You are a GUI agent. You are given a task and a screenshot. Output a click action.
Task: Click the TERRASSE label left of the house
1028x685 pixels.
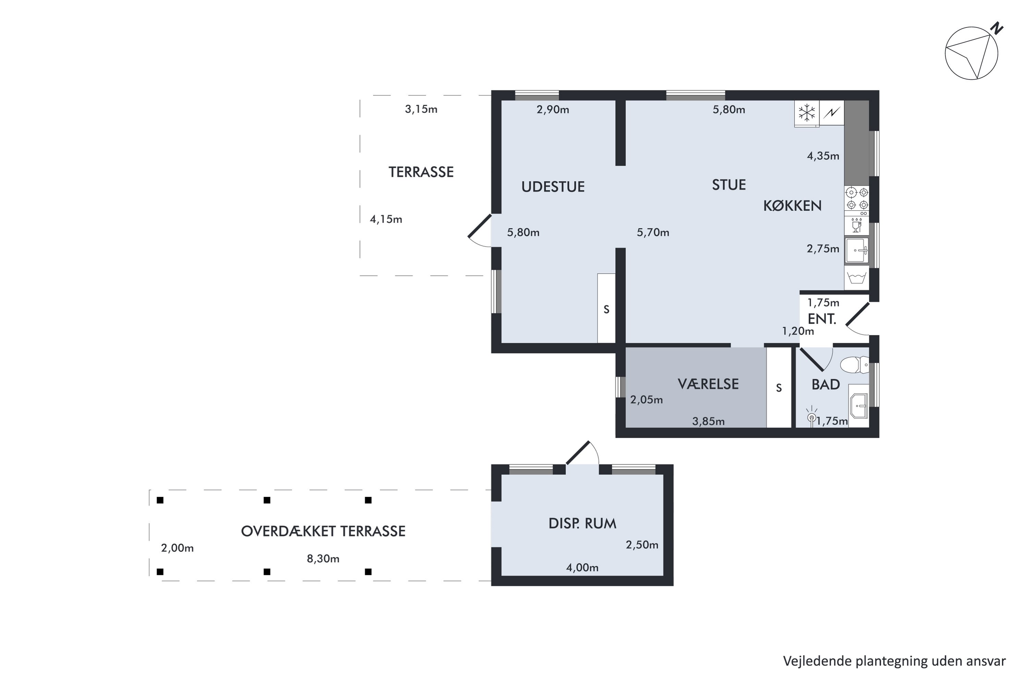pyautogui.click(x=421, y=172)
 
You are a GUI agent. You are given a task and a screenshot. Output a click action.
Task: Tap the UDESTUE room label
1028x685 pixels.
pyautogui.click(x=553, y=187)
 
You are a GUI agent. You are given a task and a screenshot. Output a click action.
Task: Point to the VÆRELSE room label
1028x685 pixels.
pyautogui.click(x=708, y=384)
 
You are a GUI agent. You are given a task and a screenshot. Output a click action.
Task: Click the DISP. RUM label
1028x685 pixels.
pyautogui.click(x=582, y=523)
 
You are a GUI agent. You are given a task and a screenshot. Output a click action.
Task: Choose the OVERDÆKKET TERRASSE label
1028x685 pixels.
pyautogui.click(x=323, y=531)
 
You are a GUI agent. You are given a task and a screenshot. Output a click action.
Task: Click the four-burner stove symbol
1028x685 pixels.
pyautogui.click(x=857, y=198)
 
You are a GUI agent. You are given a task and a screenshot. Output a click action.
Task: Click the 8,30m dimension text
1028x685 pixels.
pyautogui.click(x=323, y=559)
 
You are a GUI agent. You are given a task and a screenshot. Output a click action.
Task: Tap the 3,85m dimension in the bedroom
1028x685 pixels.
pyautogui.click(x=708, y=422)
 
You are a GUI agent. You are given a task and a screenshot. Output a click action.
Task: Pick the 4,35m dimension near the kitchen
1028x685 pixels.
pyautogui.click(x=823, y=156)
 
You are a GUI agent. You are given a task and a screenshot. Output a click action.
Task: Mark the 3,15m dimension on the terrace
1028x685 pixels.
pyautogui.click(x=421, y=109)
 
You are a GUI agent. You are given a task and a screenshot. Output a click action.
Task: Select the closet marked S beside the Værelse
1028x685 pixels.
pyautogui.click(x=779, y=387)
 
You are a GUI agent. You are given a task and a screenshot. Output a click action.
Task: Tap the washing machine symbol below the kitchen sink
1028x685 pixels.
pyautogui.click(x=857, y=278)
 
